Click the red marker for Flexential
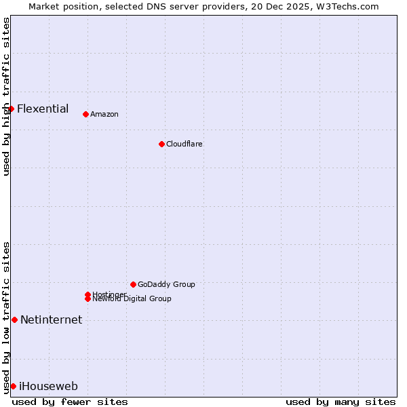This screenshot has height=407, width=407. pos(11,109)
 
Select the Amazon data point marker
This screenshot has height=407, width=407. pos(85,114)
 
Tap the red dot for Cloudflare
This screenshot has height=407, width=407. pos(161,144)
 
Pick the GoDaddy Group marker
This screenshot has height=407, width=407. pos(133,284)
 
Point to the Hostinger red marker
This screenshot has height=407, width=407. pos(88,294)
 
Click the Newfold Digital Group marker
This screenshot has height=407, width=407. pos(88,298)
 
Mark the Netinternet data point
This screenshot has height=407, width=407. pos(14,319)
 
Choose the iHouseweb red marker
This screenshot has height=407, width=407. pos(13,386)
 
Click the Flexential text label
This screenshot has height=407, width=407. pos(43,109)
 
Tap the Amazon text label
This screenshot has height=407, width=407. pos(104,114)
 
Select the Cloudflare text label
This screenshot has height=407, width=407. pos(185,144)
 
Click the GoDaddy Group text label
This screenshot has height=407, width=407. pos(166,284)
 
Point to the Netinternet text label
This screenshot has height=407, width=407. pos(52,319)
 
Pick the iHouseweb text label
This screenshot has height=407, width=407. pos(48,386)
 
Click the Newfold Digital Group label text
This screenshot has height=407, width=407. pos(132,299)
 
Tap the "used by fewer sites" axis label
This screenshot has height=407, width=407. pos(70,402)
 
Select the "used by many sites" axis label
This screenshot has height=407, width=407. pos(341,402)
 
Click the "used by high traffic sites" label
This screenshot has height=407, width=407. pos(6,96)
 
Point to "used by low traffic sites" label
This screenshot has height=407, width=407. pos(6,317)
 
